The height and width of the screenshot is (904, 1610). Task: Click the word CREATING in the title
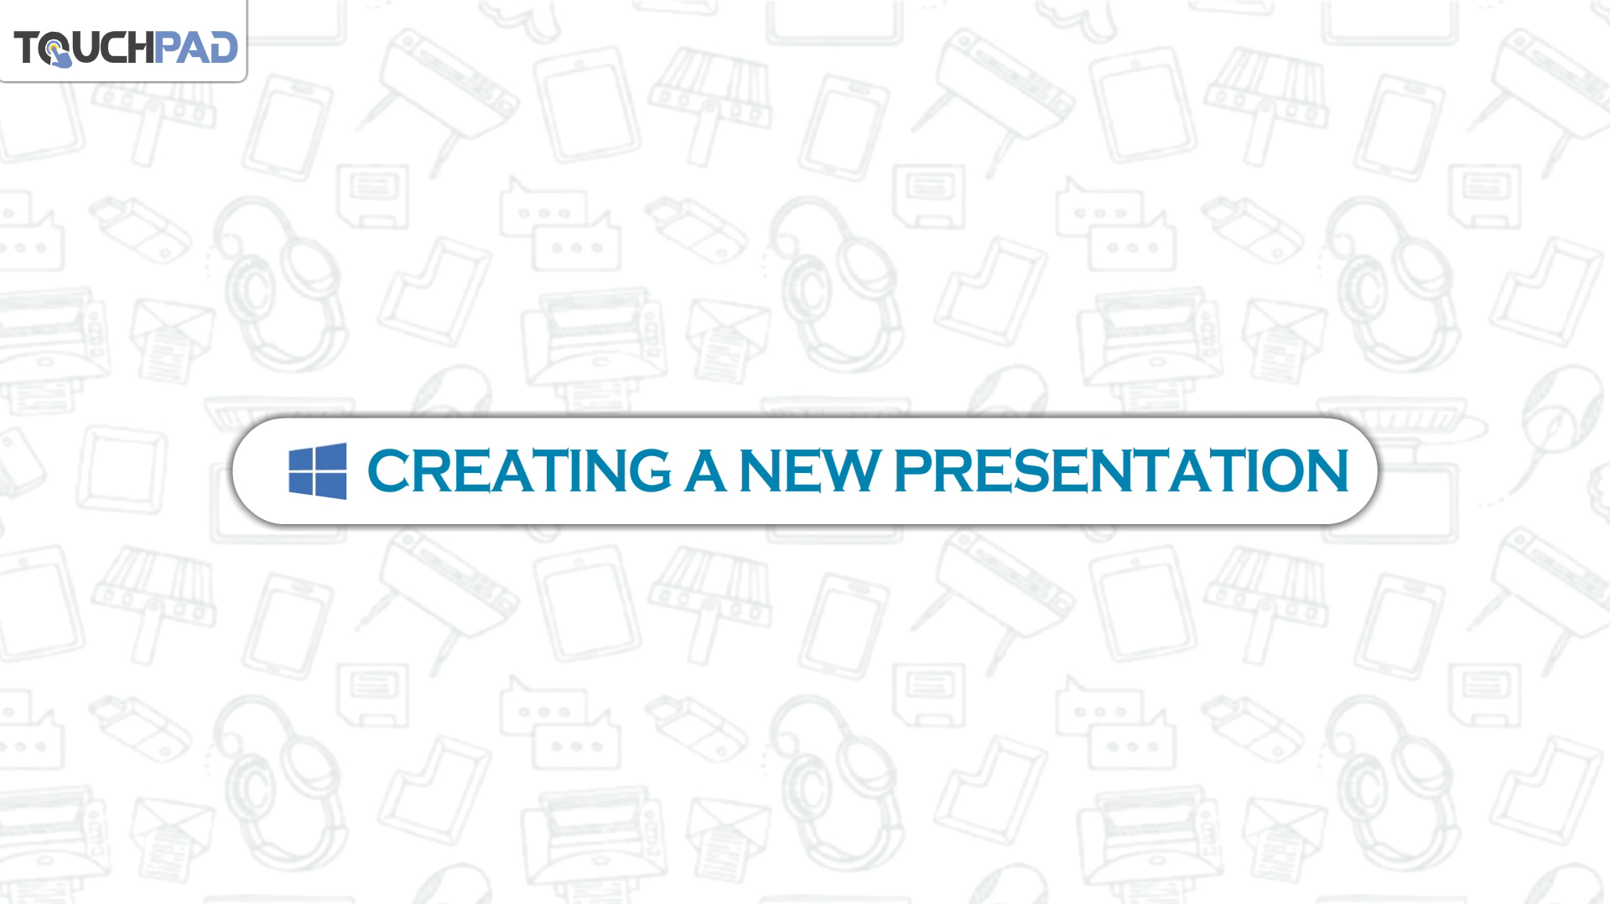(x=519, y=470)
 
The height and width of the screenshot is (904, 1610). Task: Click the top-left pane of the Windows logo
(x=302, y=460)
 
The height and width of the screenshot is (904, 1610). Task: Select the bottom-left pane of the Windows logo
(x=302, y=484)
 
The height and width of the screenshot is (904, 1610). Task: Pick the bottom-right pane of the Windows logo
(x=332, y=486)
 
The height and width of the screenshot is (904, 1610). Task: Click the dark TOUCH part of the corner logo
(x=83, y=48)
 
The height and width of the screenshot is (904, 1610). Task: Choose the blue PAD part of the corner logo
(x=195, y=48)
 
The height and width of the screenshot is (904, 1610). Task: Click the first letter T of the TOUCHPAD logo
(x=28, y=48)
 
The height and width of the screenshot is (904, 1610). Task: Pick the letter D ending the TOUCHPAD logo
(x=224, y=48)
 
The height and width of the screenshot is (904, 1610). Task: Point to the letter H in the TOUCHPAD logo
(x=138, y=48)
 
